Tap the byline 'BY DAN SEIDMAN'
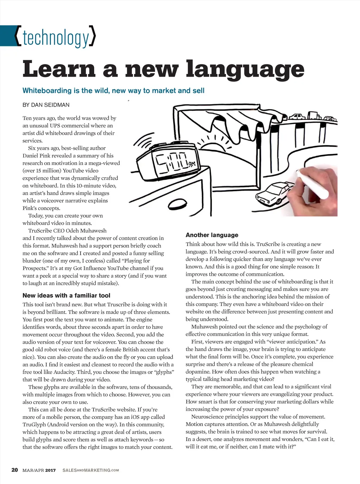pyautogui.click(x=46, y=105)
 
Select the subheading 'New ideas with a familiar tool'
pyautogui.click(x=66, y=295)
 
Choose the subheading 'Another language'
pyautogui.click(x=212, y=235)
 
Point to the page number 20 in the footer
pyautogui.click(x=14, y=470)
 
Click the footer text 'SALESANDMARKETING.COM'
pyautogui.click(x=91, y=470)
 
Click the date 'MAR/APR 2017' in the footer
pyautogui.click(x=39, y=470)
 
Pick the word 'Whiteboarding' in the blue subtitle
pyautogui.click(x=47, y=90)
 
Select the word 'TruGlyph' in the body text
pyautogui.click(x=34, y=425)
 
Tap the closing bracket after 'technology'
pyautogui.click(x=92, y=36)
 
